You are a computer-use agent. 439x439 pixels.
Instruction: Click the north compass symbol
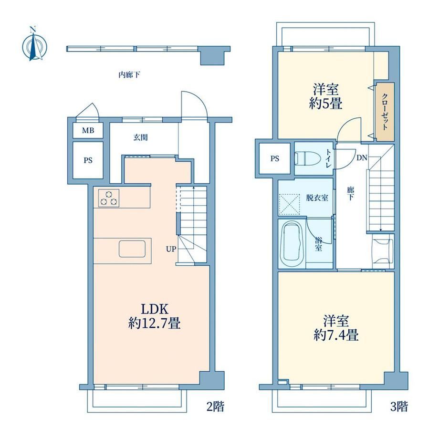click(x=34, y=44)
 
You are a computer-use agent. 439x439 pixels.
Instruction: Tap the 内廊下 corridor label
click(x=129, y=75)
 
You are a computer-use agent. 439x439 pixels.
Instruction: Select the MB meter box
click(x=88, y=130)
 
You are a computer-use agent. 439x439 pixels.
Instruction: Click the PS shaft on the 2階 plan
click(x=88, y=160)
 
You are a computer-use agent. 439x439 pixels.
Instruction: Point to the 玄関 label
click(x=140, y=137)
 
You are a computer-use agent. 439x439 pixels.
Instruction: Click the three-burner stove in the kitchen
click(x=109, y=198)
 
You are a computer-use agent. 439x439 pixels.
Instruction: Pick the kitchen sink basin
click(x=132, y=249)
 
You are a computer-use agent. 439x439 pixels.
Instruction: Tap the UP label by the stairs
click(x=171, y=249)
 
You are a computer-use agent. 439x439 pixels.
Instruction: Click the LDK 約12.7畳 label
click(x=154, y=317)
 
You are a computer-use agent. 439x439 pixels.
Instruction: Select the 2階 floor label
click(x=215, y=406)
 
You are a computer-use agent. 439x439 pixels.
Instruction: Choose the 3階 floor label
click(x=399, y=406)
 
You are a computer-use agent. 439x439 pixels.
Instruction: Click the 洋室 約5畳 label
click(x=325, y=97)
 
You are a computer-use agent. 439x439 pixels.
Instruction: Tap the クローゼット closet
click(x=385, y=112)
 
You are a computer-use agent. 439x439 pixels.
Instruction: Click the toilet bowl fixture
click(x=307, y=158)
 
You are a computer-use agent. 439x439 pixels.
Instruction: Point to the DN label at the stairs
click(x=362, y=158)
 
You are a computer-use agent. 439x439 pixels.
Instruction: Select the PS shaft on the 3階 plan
click(x=275, y=159)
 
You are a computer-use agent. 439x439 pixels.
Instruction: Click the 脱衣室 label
click(x=317, y=198)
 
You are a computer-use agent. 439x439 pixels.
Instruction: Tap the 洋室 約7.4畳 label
click(x=336, y=328)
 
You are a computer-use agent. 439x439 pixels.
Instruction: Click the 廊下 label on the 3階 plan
click(x=350, y=194)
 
